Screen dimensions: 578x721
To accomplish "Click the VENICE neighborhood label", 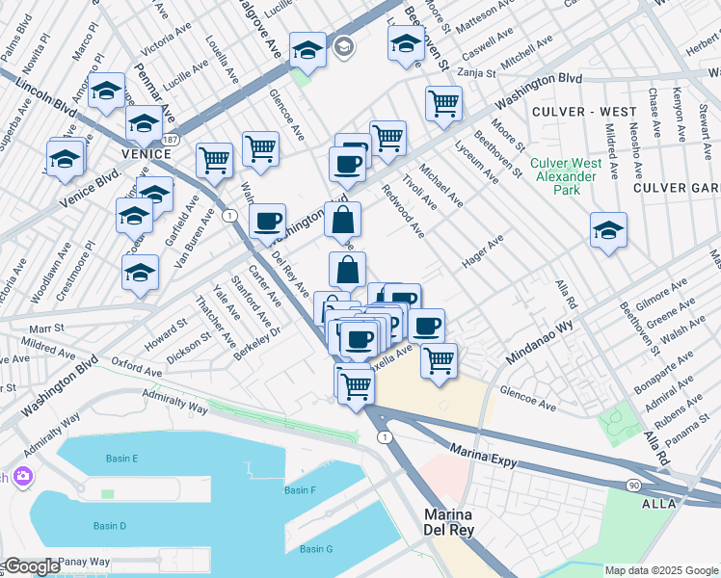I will pyautogui.click(x=146, y=153).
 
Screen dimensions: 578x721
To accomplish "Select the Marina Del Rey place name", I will pyautogui.click(x=460, y=521).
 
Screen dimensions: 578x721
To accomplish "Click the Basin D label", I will pyautogui.click(x=110, y=525).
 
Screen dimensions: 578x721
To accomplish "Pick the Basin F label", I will pyautogui.click(x=300, y=490).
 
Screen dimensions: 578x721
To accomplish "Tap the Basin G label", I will pyautogui.click(x=315, y=549).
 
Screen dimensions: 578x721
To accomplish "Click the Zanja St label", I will pyautogui.click(x=476, y=72).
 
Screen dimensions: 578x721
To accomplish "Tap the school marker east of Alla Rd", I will pyautogui.click(x=607, y=230).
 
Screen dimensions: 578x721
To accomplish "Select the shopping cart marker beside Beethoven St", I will pyautogui.click(x=443, y=102).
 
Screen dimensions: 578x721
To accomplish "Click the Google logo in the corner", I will pyautogui.click(x=32, y=566).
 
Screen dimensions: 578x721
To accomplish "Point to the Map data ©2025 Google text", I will pyautogui.click(x=661, y=570).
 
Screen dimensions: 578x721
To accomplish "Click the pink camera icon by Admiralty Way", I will pyautogui.click(x=20, y=476).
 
